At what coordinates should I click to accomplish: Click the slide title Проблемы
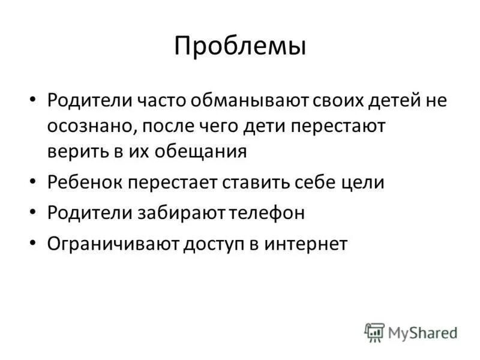(x=240, y=46)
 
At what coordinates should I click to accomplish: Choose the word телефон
(x=265, y=213)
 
